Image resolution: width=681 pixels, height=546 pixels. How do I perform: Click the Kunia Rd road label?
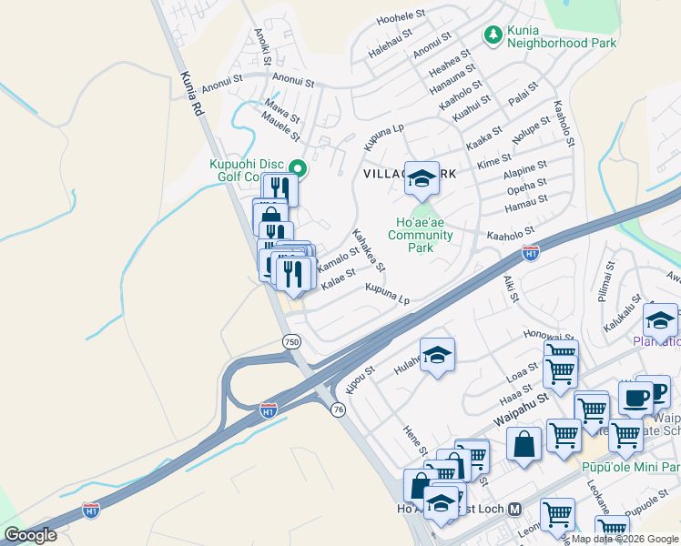[191, 94]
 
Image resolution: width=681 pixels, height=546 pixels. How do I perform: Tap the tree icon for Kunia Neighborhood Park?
[493, 35]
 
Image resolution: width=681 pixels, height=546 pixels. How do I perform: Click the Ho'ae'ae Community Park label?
[420, 235]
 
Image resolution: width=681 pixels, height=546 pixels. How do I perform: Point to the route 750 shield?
[290, 342]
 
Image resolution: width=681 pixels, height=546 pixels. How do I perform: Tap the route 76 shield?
[339, 410]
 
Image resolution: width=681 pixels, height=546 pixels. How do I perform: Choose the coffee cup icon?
[635, 397]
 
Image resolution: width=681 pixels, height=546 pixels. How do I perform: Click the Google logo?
[30, 535]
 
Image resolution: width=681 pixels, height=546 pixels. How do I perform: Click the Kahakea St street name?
[369, 250]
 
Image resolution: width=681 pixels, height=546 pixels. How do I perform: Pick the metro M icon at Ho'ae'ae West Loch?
[514, 509]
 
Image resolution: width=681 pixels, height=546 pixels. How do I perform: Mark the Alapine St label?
[525, 171]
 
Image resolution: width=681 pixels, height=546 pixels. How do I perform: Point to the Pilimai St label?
[603, 289]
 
